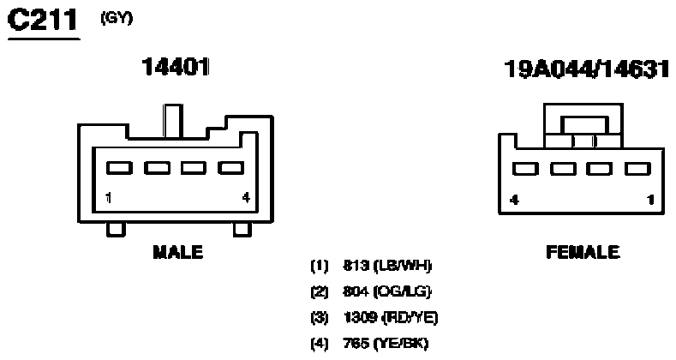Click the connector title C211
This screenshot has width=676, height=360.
point(43,21)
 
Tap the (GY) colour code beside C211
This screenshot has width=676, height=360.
point(117,18)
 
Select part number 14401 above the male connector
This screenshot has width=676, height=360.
point(176,67)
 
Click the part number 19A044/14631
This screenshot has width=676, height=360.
point(587,69)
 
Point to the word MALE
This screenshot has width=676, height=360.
point(178,252)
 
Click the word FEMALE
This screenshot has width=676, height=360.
point(583,252)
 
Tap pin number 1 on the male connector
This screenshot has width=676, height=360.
point(109,198)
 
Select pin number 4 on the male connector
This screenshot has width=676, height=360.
point(246,198)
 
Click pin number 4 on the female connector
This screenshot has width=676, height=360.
point(514,200)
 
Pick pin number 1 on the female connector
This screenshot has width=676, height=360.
point(650,200)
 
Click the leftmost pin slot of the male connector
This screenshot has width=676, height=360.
point(119,168)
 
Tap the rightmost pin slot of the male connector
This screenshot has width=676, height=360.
point(231,168)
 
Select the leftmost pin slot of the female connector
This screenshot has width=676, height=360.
point(525,169)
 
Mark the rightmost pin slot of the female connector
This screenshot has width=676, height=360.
point(637,169)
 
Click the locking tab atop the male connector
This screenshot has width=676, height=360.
point(173,121)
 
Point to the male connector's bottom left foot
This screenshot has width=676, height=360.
point(116,230)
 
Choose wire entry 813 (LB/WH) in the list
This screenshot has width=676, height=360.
point(371,266)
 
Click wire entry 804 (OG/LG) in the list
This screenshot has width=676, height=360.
point(371,292)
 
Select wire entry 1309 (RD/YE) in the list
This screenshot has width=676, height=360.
point(374,318)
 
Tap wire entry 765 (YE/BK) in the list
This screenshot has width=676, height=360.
point(370,344)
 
